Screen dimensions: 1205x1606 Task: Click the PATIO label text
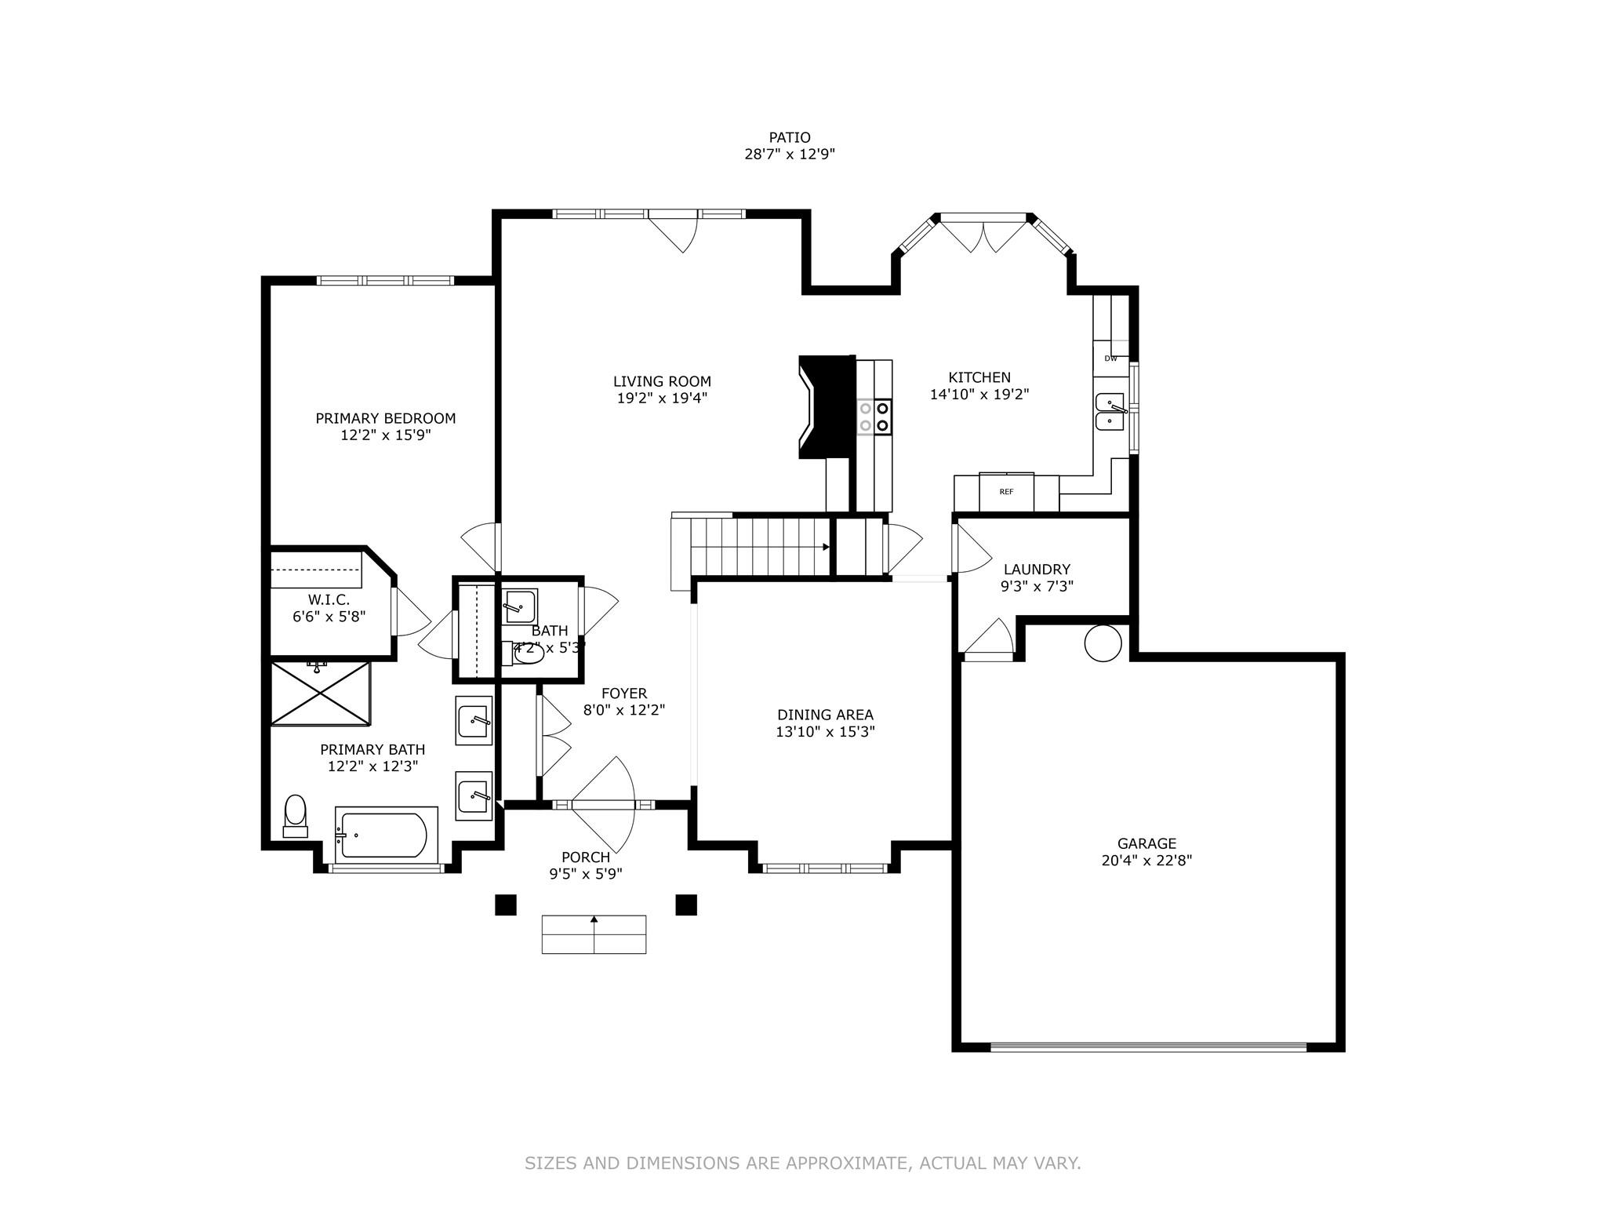click(789, 137)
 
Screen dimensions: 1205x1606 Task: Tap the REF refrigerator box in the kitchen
click(1006, 492)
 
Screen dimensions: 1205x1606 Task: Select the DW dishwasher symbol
click(1110, 359)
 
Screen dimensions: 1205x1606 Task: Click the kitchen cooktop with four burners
click(874, 417)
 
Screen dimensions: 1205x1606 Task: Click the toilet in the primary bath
click(295, 816)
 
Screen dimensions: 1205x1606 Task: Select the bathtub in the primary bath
click(384, 835)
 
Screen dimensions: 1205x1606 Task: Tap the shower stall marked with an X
click(319, 693)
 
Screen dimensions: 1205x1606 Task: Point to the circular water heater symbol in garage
click(1103, 643)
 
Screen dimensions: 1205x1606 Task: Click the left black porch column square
click(505, 905)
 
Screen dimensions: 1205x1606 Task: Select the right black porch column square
click(686, 905)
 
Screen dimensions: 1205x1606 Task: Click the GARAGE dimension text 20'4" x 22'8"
click(1146, 861)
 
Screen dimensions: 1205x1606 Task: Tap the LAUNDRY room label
click(1037, 570)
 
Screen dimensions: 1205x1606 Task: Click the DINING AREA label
click(825, 715)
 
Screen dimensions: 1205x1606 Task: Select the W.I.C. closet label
click(329, 599)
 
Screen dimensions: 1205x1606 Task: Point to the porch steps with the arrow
click(594, 934)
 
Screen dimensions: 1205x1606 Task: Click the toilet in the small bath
click(527, 653)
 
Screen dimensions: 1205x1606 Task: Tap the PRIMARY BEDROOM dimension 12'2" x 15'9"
click(385, 435)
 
